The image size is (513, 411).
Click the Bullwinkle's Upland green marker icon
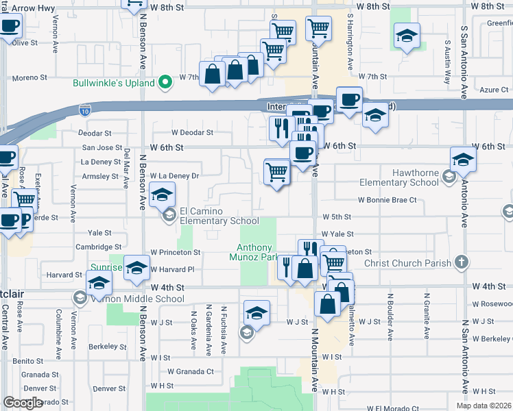165,84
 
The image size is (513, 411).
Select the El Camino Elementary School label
219,216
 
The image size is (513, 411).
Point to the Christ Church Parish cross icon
462,262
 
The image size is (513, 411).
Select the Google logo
23,403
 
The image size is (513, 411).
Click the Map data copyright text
484,406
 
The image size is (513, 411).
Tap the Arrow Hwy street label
28,8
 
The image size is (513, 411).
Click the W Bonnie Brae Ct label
387,200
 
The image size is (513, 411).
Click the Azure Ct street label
494,90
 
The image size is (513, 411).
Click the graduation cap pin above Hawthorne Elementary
464,160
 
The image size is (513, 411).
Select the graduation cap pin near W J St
256,312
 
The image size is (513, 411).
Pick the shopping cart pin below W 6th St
277,171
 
